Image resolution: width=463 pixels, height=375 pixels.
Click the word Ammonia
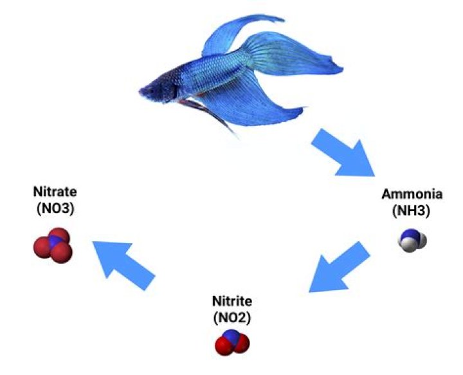pyautogui.click(x=412, y=194)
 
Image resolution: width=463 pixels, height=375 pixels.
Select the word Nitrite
pyautogui.click(x=232, y=301)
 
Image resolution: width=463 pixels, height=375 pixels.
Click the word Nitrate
pyautogui.click(x=55, y=191)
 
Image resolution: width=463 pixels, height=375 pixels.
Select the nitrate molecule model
pyautogui.click(x=53, y=245)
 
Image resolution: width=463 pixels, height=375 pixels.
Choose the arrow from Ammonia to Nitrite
pyautogui.click(x=338, y=266)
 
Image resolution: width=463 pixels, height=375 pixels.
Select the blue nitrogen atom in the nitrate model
pyautogui.click(x=55, y=244)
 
